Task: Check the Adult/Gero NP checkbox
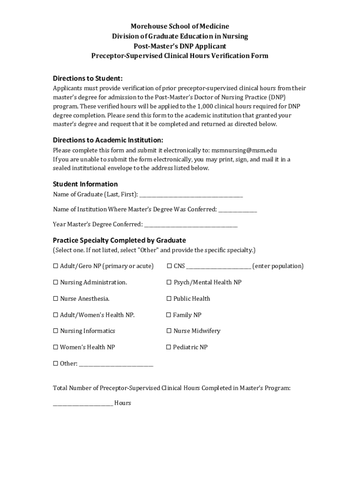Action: click(56, 266)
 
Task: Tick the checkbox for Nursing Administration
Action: click(56, 283)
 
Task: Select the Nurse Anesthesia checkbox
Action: click(56, 299)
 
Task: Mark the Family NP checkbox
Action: click(169, 315)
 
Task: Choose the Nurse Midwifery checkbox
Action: click(169, 331)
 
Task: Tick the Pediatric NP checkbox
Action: click(169, 348)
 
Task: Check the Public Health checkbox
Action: click(169, 299)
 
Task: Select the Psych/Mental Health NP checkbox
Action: click(169, 283)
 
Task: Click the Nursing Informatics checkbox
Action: click(56, 331)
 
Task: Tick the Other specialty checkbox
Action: click(56, 363)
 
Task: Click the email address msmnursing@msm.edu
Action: click(244, 151)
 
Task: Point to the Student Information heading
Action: click(85, 184)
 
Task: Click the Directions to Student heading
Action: click(87, 78)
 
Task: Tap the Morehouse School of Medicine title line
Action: click(180, 26)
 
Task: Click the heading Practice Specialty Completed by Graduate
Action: click(119, 240)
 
